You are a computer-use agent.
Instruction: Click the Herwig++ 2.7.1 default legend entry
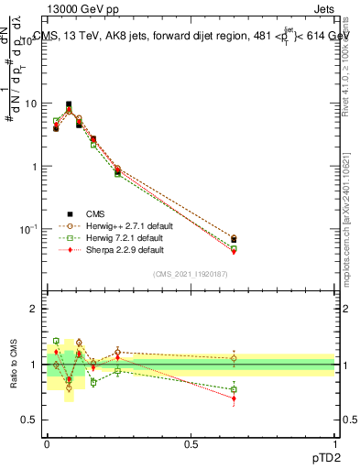coord(124,224)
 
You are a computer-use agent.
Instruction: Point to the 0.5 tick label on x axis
coord(191,444)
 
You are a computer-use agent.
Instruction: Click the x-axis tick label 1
coord(334,444)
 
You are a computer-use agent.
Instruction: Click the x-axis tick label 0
coord(48,444)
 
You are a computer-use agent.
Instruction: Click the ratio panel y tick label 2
coord(34,309)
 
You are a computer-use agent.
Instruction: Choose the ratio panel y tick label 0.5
coord(30,420)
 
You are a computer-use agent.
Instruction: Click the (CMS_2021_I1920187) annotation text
coord(190,274)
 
